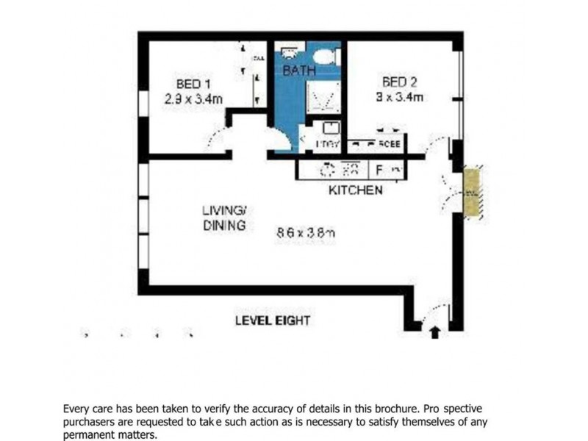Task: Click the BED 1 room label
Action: coord(193,83)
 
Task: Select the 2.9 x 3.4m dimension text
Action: coord(193,98)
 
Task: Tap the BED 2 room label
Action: coord(399,82)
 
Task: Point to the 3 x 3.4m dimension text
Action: coord(399,97)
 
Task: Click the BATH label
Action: coord(299,71)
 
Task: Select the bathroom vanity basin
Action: coord(289,53)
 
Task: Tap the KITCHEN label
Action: coord(355,190)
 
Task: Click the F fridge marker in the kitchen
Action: coord(380,171)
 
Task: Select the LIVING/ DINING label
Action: coord(224,218)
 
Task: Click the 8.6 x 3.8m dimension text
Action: coord(306,232)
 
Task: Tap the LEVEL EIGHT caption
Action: coord(272,320)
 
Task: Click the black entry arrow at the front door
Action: coord(434,331)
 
